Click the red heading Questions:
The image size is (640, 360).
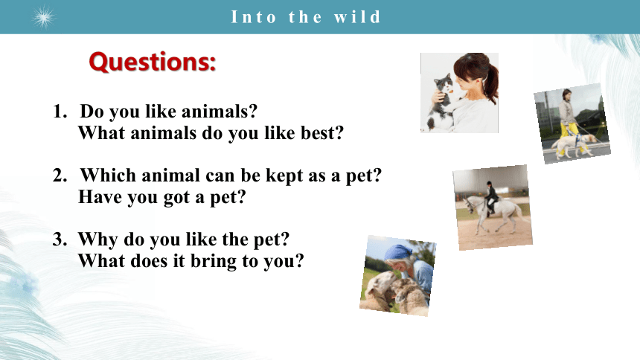click(x=153, y=62)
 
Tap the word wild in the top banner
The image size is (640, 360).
click(x=357, y=17)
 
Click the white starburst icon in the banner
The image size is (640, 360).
click(x=44, y=18)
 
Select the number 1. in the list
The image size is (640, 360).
click(x=60, y=111)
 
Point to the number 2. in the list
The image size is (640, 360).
click(x=60, y=175)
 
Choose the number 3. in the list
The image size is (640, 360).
click(x=60, y=240)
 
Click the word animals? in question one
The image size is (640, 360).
click(x=220, y=112)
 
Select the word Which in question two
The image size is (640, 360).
click(x=108, y=176)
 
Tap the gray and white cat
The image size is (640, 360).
click(x=441, y=102)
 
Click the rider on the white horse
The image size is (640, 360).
click(x=491, y=198)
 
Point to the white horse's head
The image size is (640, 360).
click(x=470, y=204)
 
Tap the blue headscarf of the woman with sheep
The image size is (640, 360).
click(x=398, y=253)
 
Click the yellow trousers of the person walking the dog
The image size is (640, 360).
click(x=568, y=137)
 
